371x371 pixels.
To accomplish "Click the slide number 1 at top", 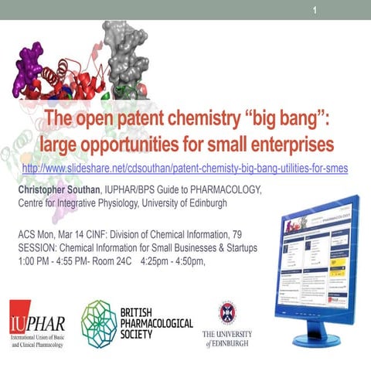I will pyautogui.click(x=315, y=10).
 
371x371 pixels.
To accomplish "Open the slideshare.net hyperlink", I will pyautogui.click(x=185, y=168).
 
